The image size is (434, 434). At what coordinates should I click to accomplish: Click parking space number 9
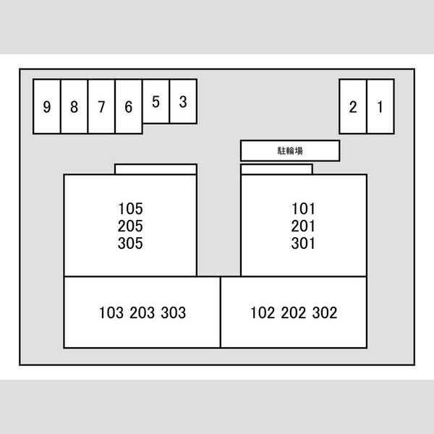47,106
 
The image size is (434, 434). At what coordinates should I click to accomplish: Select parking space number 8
75,106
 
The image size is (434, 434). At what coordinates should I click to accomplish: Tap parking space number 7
101,106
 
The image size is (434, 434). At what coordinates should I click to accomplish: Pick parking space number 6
129,106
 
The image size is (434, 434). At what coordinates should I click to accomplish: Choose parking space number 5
156,101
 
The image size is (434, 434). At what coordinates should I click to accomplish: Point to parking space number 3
183,101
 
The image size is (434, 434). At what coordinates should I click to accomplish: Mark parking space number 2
353,106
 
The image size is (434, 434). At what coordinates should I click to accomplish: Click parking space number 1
380,106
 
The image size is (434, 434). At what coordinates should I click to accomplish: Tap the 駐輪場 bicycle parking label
290,150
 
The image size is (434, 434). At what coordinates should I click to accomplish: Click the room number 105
130,209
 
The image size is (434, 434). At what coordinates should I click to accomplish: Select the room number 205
130,226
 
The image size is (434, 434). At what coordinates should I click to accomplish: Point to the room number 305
130,243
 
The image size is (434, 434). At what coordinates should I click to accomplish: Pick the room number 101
303,209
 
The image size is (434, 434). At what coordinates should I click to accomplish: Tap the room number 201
303,226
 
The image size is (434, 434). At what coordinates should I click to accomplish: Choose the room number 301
303,243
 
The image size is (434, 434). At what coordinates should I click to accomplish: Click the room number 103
111,312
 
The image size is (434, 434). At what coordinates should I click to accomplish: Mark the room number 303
174,312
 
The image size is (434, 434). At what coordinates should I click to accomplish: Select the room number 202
294,312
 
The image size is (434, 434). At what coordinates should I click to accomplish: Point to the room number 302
325,312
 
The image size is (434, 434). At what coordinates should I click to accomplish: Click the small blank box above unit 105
156,169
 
